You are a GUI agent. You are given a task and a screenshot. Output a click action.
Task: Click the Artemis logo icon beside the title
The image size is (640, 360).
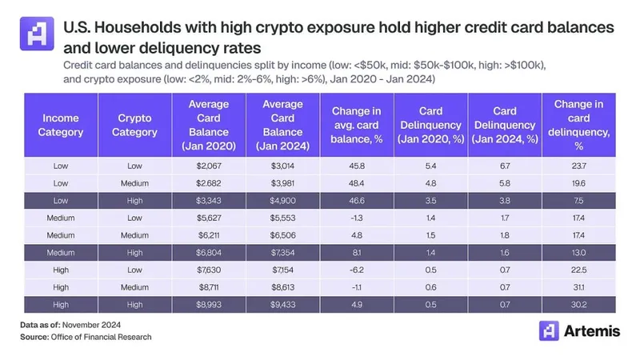tap(37, 34)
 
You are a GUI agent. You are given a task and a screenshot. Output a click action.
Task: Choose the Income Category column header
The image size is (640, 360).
tap(61, 124)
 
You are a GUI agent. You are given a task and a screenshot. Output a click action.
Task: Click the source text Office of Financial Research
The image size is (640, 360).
tap(101, 338)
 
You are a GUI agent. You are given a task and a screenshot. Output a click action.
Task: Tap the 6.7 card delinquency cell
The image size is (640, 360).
tap(505, 165)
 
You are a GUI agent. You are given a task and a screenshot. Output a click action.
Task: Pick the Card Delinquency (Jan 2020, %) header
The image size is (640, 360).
tap(430, 125)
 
